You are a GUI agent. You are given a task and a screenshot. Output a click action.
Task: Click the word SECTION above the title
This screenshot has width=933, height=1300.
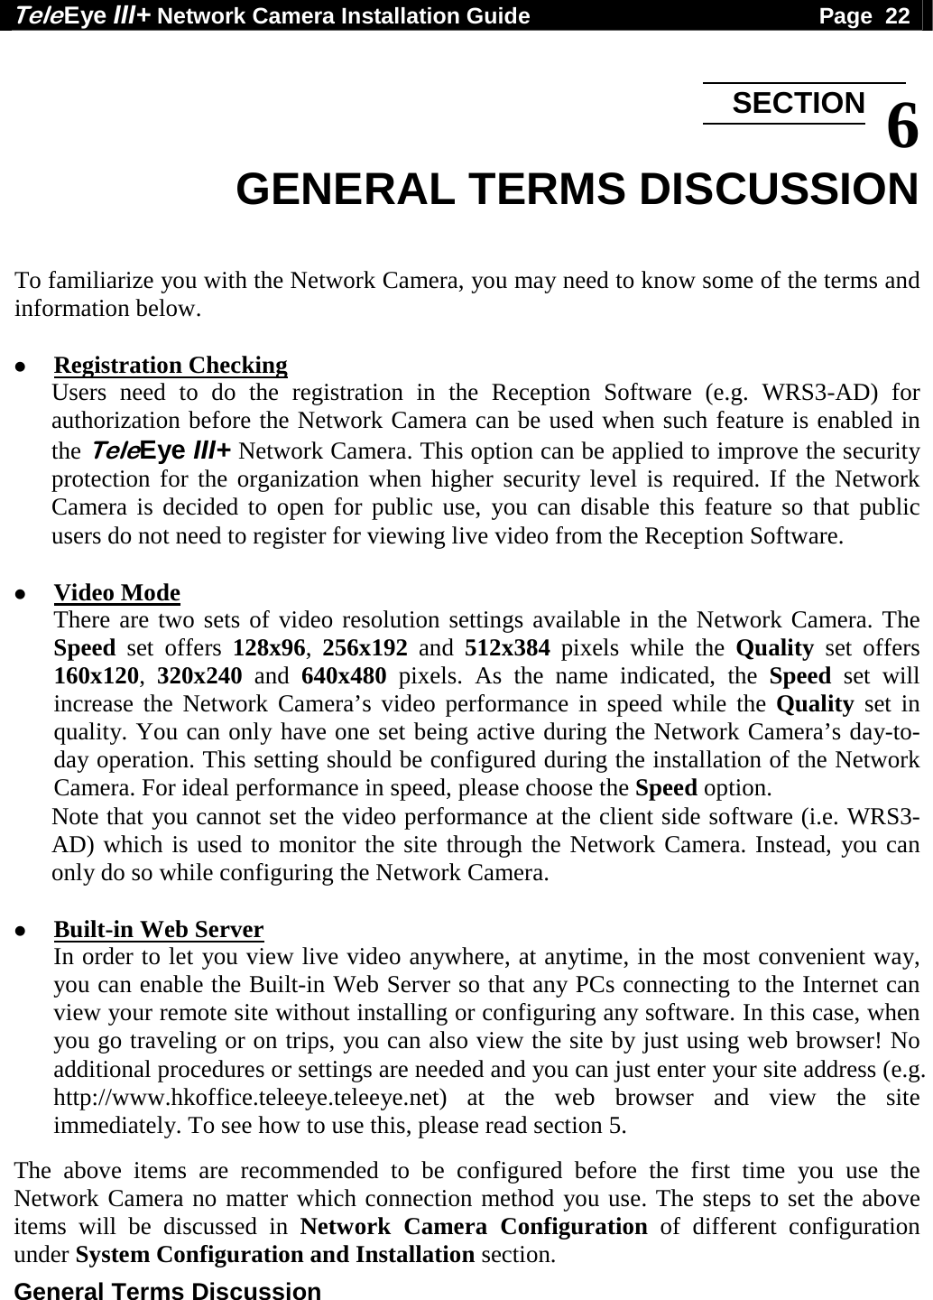click(798, 103)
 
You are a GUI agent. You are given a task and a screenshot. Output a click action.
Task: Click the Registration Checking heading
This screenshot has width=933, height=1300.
click(171, 366)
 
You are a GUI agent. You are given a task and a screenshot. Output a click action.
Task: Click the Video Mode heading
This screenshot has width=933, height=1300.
click(117, 593)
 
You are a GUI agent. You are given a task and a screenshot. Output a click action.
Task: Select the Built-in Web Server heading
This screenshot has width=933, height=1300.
click(159, 929)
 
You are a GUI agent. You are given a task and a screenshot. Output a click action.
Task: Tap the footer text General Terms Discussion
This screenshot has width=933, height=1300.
click(168, 1290)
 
